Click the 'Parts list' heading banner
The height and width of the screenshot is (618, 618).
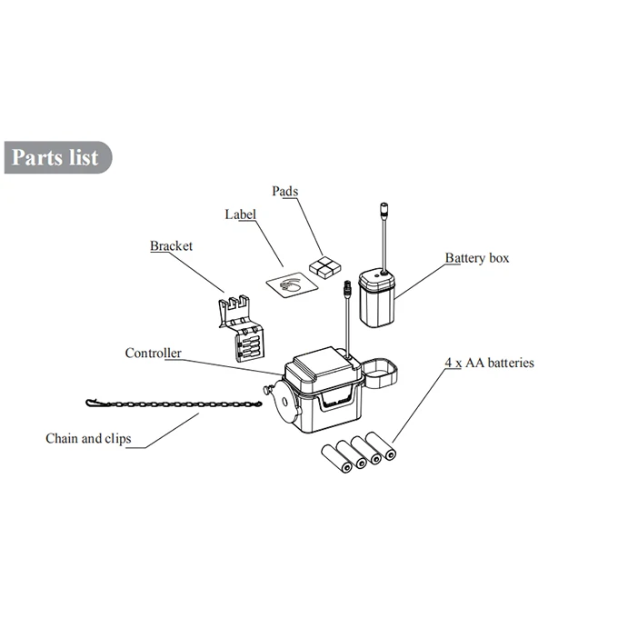tap(58, 157)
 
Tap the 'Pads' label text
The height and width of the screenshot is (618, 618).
tap(285, 191)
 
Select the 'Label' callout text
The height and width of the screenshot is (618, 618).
tap(241, 214)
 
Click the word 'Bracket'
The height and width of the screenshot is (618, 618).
tap(171, 246)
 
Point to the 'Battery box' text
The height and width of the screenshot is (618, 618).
tap(477, 258)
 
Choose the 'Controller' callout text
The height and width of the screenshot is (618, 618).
tap(154, 353)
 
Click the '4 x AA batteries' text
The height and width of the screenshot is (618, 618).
tap(490, 363)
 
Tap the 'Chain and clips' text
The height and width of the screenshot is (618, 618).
tap(88, 438)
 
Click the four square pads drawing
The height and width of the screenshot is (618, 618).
tap(324, 268)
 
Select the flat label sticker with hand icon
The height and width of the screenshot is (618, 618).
tap(292, 285)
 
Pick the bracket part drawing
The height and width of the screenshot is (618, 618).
tap(241, 328)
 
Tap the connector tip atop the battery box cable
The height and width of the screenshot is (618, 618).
tap(384, 209)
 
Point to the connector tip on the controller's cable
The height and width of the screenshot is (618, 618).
tap(347, 288)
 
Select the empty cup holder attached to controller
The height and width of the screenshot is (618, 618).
tap(380, 372)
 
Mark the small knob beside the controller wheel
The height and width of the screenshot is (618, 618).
tap(267, 390)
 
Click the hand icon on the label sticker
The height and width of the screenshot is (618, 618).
tap(291, 284)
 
